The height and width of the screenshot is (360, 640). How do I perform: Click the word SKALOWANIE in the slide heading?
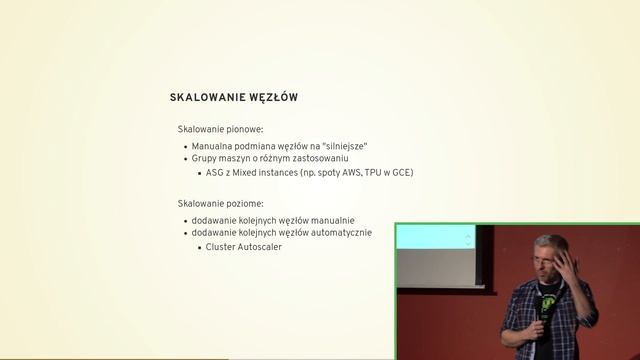point(204,98)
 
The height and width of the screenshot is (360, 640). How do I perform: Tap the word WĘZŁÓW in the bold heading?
point(270,98)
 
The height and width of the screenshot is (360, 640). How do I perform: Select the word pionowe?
point(240,129)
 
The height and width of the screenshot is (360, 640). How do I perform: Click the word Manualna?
point(213,145)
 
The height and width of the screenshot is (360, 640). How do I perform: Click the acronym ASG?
point(215,172)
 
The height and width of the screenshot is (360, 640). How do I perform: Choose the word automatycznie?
point(340,233)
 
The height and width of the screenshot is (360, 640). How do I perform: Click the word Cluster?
point(222,247)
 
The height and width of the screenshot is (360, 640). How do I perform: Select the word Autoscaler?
point(260,247)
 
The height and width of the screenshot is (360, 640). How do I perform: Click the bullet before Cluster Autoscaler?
point(200,247)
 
